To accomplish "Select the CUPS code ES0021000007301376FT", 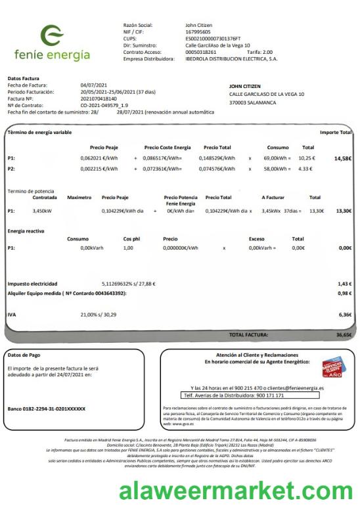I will pos(213,38).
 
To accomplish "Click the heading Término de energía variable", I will pos(39,133).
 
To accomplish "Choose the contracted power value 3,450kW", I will pos(42,211).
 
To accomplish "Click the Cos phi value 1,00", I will pos(128,248).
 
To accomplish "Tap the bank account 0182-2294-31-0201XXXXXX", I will pos(46,409).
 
